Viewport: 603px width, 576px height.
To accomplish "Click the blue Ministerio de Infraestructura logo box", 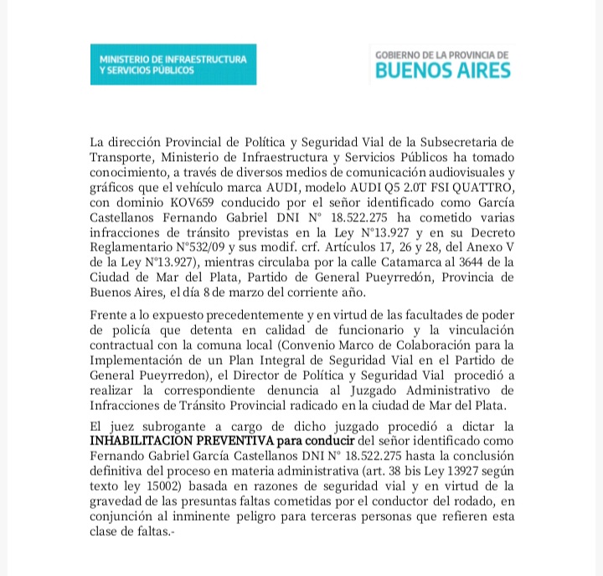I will (x=173, y=65).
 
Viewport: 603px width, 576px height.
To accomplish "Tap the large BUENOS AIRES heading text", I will (x=443, y=70).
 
